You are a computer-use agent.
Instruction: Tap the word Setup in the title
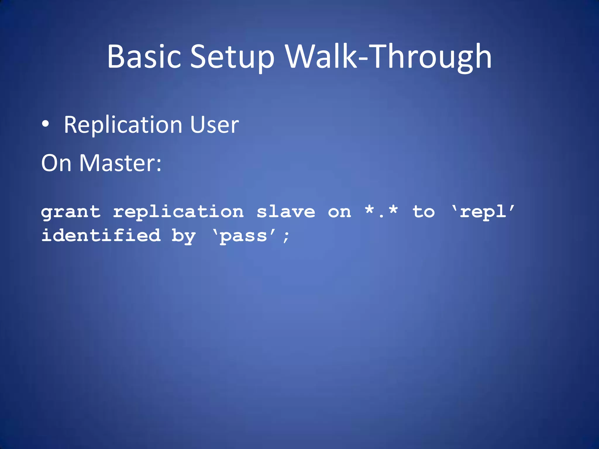(x=232, y=57)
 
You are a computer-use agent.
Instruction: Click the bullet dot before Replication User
(x=45, y=124)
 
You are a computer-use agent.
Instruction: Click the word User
(x=214, y=125)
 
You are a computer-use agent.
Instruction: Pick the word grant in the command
(x=71, y=212)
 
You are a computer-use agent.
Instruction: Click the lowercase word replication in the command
(x=178, y=212)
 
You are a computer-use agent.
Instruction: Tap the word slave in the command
(x=286, y=212)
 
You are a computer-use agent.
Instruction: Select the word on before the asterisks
(x=339, y=212)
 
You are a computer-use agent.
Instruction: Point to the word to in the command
(x=423, y=212)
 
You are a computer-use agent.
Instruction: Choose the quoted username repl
(x=483, y=212)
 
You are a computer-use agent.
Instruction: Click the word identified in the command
(x=101, y=236)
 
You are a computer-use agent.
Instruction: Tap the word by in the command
(x=183, y=236)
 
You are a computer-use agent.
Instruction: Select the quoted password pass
(x=244, y=236)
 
